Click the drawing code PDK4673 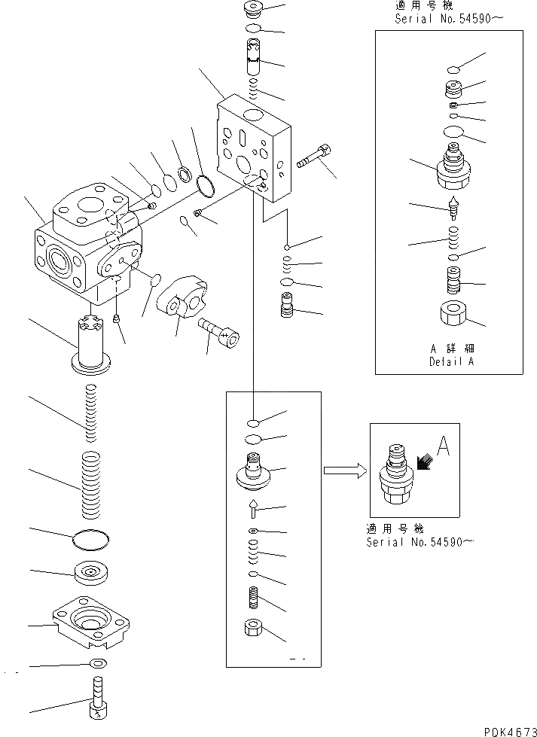pyautogui.click(x=504, y=729)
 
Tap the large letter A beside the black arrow pyautogui.click(x=443, y=449)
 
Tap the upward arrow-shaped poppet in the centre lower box pyautogui.click(x=254, y=510)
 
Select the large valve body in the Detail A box pyautogui.click(x=453, y=170)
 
